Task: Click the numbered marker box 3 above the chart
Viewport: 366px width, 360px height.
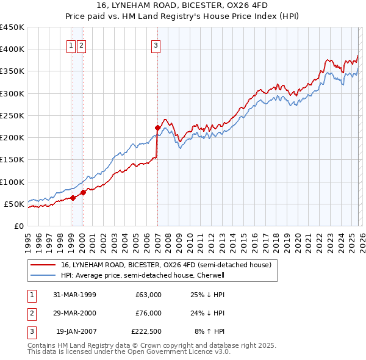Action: (x=156, y=45)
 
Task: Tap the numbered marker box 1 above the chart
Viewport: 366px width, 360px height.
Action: (x=71, y=45)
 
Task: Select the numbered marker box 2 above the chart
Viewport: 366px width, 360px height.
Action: (x=82, y=45)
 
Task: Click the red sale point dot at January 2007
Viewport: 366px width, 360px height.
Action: (x=157, y=128)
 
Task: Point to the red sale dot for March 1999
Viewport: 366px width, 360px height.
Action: (x=73, y=198)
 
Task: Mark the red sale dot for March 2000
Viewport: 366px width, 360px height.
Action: (x=83, y=192)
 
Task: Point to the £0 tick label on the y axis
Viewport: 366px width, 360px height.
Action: (x=19, y=226)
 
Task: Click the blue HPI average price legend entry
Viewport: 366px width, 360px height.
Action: (x=143, y=275)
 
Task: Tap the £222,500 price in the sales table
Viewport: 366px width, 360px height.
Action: (x=146, y=333)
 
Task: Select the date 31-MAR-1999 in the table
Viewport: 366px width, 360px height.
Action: (x=74, y=295)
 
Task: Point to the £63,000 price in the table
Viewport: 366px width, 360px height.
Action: (x=149, y=295)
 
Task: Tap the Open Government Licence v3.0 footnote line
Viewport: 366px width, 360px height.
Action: (x=129, y=352)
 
